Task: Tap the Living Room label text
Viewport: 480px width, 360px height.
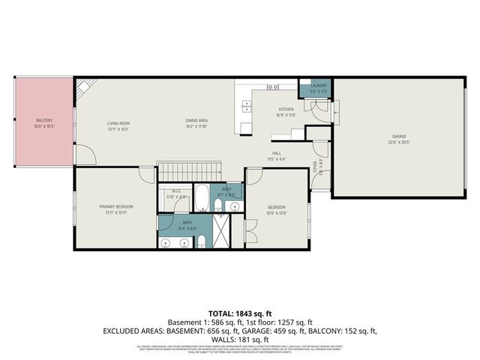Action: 118,123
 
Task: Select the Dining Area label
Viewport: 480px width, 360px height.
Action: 196,120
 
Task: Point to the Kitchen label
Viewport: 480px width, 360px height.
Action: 286,109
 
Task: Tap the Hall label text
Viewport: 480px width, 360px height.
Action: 277,154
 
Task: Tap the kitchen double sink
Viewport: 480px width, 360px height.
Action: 245,107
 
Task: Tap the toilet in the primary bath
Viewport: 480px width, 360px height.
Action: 202,240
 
